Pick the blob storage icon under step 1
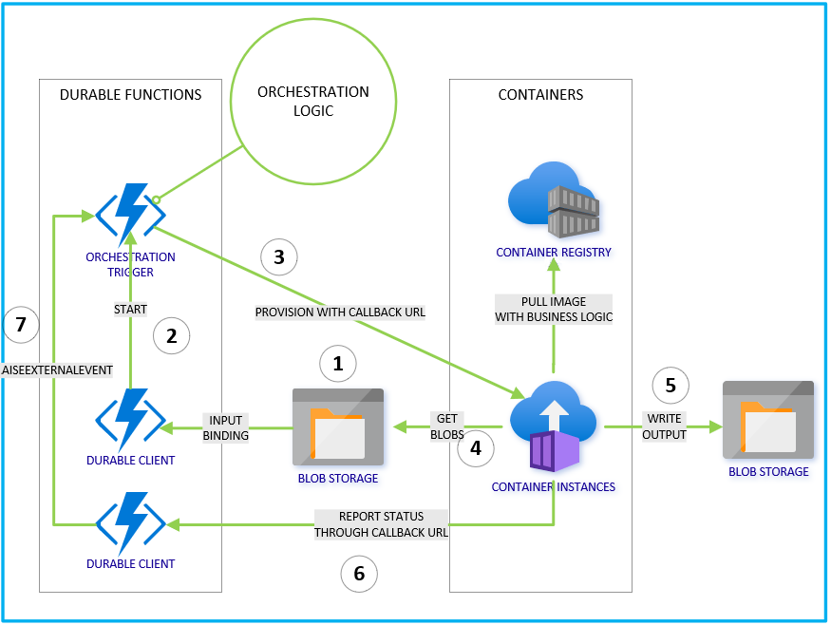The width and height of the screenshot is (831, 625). point(337,426)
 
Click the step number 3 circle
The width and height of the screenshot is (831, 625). point(278,256)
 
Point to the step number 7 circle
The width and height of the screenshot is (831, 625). point(21,326)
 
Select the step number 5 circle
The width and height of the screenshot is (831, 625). point(670,385)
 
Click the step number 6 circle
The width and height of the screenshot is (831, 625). point(358,573)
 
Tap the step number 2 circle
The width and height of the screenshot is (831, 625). point(171,335)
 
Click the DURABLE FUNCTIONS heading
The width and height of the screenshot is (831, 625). point(130,95)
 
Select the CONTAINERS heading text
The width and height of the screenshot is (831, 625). point(540,95)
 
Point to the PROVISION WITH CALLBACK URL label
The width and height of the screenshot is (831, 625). point(340,312)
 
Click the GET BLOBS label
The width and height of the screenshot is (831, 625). point(448,426)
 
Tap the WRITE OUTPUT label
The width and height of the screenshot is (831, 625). point(664,426)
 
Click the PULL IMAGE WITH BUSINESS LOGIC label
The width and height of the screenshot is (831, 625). point(554,310)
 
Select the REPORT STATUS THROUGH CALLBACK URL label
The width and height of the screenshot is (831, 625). point(381,524)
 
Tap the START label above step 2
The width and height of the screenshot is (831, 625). point(130,308)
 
